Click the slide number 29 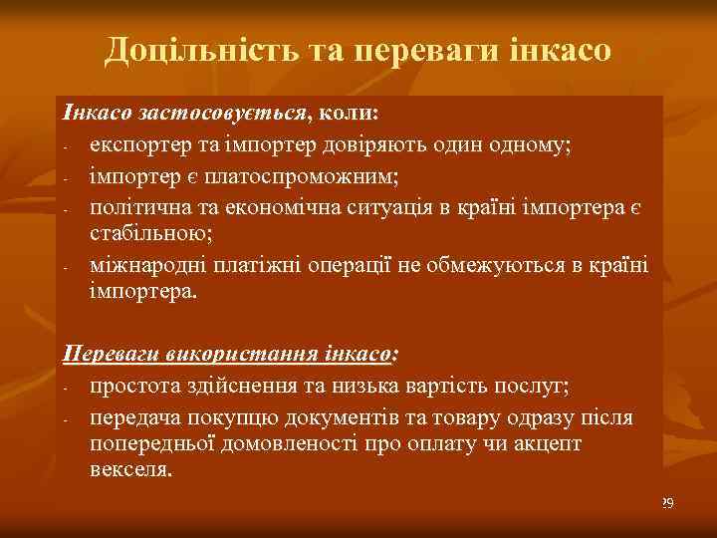click(667, 504)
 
